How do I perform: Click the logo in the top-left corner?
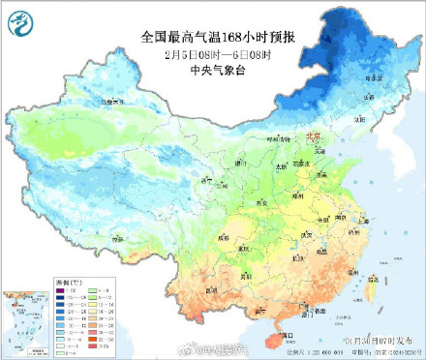click(x=22, y=21)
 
